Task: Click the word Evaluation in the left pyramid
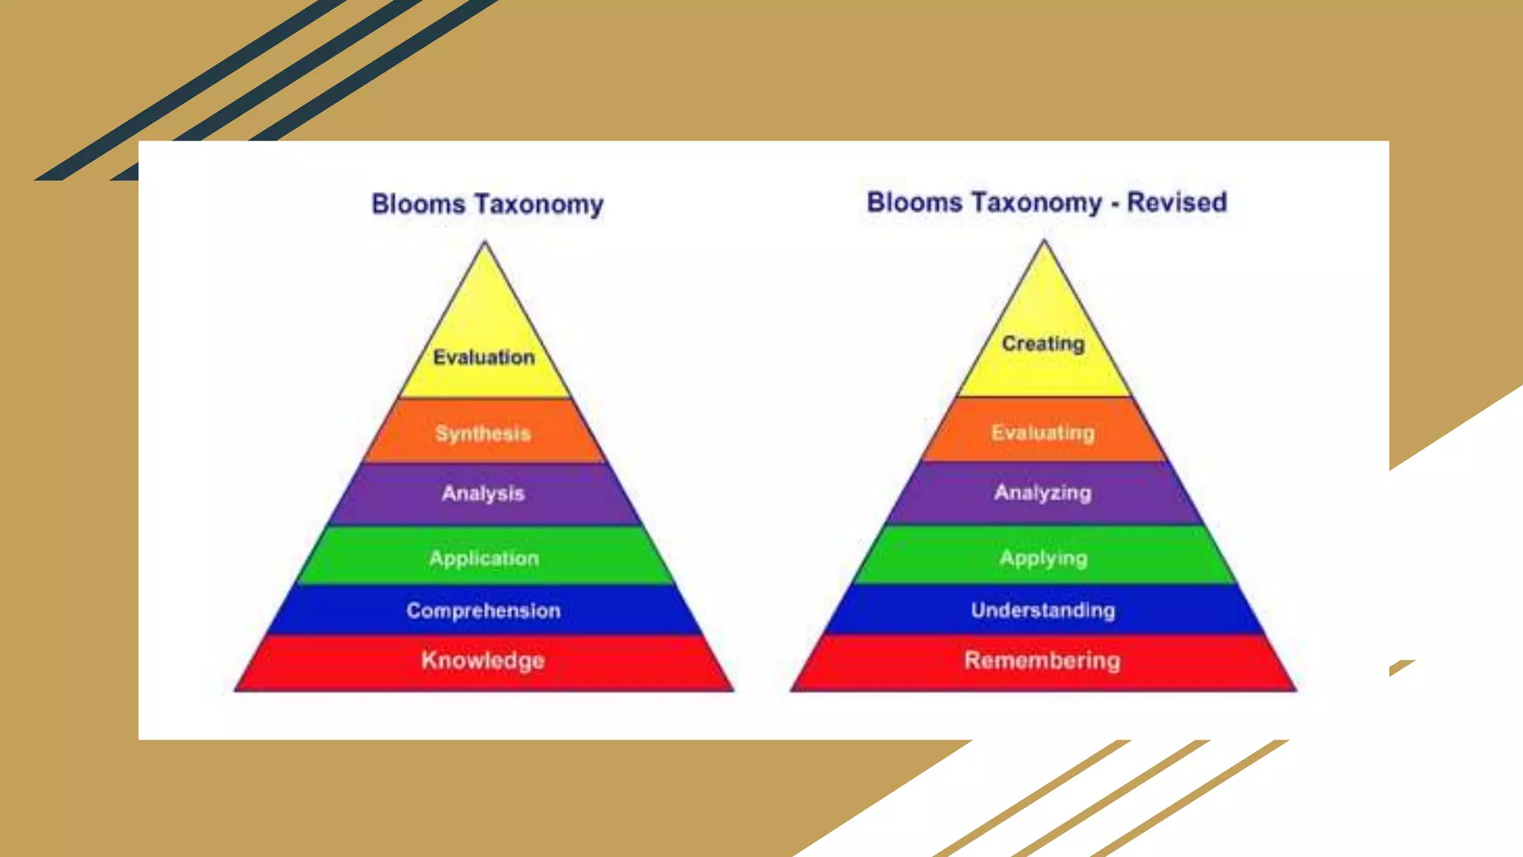483,358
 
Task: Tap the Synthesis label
483,434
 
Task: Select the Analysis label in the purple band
483,493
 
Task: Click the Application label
483,559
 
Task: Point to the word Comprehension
483,611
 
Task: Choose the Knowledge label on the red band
483,661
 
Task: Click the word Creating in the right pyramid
1043,344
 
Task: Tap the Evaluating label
1043,433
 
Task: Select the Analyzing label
1043,492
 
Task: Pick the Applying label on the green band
1043,559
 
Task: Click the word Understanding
1043,611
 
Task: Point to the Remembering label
1042,661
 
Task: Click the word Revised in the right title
1176,202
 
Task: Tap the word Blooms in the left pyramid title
418,204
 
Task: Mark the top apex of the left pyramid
485,243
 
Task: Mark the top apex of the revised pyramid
1044,241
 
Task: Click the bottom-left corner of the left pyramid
236,690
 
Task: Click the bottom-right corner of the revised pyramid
1295,690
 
